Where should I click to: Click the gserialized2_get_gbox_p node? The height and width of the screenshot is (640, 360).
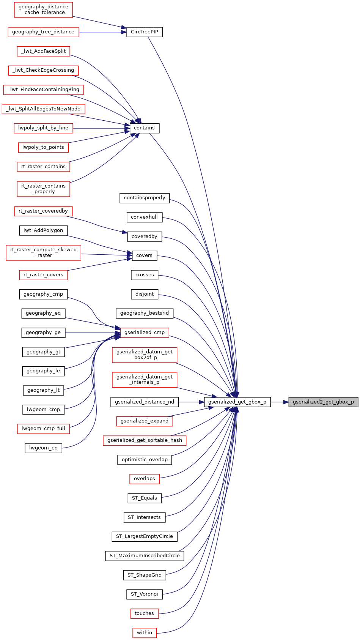[323, 402]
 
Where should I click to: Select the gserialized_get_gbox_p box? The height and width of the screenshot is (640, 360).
[237, 402]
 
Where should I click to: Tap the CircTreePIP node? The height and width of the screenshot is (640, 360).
[145, 32]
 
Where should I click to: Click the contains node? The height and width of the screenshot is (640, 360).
[145, 128]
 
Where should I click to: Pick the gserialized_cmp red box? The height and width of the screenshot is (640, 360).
[145, 333]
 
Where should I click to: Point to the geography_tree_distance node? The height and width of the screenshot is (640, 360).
[43, 32]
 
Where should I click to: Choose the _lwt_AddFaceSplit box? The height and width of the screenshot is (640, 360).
[44, 51]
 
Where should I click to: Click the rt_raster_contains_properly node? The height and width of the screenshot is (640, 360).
[43, 189]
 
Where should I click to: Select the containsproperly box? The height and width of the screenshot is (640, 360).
[145, 198]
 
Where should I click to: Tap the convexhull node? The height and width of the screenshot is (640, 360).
[144, 217]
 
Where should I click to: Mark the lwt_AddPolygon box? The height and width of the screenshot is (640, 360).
[43, 230]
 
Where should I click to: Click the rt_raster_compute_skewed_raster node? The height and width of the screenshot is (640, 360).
[43, 252]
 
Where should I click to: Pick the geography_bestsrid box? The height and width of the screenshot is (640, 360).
[145, 313]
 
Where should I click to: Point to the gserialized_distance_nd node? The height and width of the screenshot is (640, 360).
[145, 402]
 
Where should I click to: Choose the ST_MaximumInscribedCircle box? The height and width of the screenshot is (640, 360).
[145, 556]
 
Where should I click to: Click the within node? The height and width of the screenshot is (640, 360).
[145, 633]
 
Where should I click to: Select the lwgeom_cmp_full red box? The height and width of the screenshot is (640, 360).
[43, 429]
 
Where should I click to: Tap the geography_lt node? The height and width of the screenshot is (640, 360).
[43, 390]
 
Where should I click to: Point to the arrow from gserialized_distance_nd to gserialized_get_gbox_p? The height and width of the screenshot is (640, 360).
[191, 402]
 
